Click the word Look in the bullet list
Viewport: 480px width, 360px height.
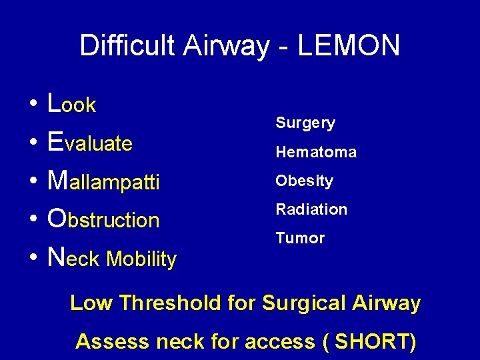(72, 104)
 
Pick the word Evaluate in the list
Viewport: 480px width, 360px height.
(91, 143)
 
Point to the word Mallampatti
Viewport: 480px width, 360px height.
(104, 181)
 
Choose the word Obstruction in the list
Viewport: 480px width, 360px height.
(104, 219)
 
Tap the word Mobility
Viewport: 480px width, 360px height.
(141, 259)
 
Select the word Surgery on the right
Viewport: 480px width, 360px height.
(305, 123)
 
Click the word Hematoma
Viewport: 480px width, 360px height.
(316, 152)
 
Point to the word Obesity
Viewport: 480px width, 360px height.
(304, 181)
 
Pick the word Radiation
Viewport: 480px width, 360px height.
(311, 209)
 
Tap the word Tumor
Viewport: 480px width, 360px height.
(300, 238)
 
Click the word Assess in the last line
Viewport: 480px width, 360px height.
(113, 341)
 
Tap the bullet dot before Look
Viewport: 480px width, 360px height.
(33, 105)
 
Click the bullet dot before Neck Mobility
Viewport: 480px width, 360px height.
(33, 259)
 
